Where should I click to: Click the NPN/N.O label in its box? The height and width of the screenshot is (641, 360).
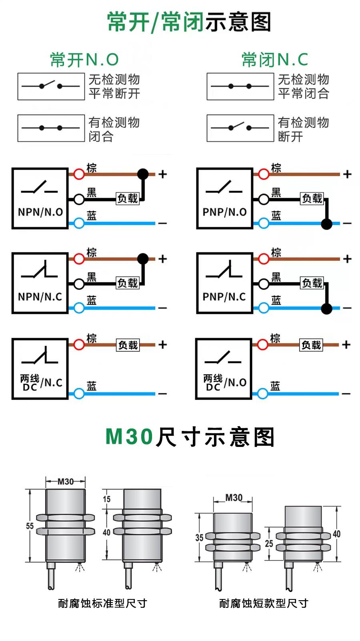(40, 212)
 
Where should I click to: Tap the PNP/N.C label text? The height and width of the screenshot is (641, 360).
(224, 297)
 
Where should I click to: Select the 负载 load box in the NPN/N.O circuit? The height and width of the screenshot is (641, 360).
(128, 198)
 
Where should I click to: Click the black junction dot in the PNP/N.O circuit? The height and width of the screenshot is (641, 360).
(326, 224)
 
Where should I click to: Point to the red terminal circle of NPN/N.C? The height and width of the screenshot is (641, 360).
(79, 259)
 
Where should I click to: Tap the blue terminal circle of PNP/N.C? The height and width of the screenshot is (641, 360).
(264, 308)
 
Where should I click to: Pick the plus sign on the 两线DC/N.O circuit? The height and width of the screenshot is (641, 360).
(346, 345)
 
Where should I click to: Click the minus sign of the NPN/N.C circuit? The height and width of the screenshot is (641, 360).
(162, 308)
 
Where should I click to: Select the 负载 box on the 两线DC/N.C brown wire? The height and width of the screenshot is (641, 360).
(128, 345)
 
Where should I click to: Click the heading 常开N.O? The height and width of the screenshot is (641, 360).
(84, 60)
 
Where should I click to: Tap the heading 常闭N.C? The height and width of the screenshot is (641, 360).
(275, 60)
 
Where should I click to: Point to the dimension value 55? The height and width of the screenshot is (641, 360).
(30, 526)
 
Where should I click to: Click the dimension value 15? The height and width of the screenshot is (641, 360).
(106, 499)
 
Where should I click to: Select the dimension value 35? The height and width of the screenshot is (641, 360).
(200, 538)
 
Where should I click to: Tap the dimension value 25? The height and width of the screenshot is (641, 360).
(269, 543)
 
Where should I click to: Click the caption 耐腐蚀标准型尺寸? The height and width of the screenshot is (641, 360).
(102, 603)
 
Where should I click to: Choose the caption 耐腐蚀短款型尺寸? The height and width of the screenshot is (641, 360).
(264, 603)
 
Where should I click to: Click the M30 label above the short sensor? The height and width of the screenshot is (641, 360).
(234, 498)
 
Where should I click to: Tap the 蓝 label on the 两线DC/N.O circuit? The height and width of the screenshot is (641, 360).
(275, 386)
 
